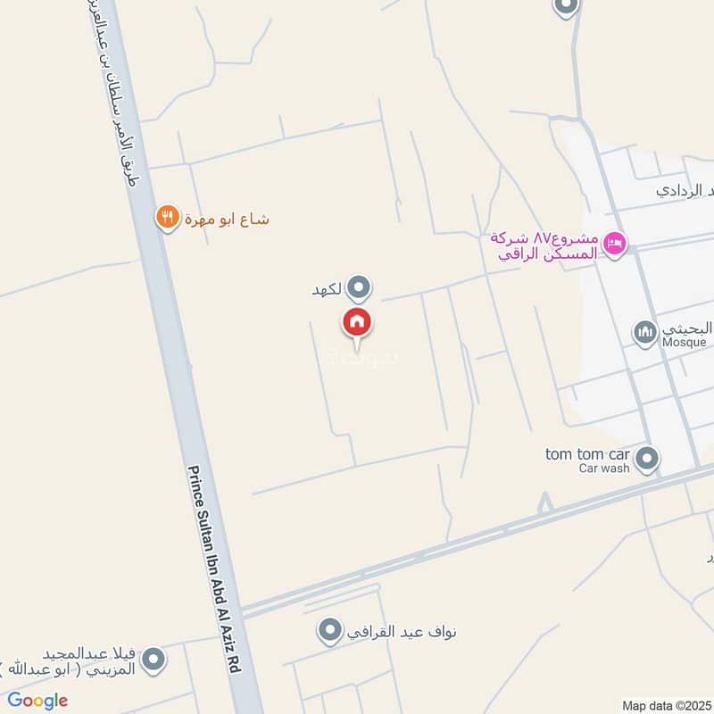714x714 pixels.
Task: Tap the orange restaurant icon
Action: (166, 216)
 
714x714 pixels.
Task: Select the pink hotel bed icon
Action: (614, 243)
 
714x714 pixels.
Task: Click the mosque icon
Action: (645, 333)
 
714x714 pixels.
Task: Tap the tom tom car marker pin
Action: (648, 460)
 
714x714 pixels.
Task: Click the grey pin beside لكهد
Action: (359, 287)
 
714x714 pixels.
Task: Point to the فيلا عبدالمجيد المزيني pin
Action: (154, 660)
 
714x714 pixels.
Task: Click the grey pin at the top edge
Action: (565, 6)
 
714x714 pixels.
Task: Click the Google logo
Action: (37, 701)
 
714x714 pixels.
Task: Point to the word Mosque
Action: (684, 342)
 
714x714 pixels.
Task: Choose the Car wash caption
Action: (603, 468)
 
